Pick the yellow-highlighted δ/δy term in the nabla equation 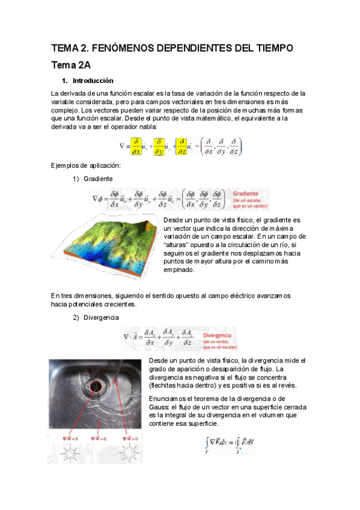pyautogui.click(x=159, y=146)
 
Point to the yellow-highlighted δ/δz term pyautogui.click(x=181, y=146)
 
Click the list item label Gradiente pyautogui.click(x=99, y=179)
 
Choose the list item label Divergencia pyautogui.click(x=102, y=317)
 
